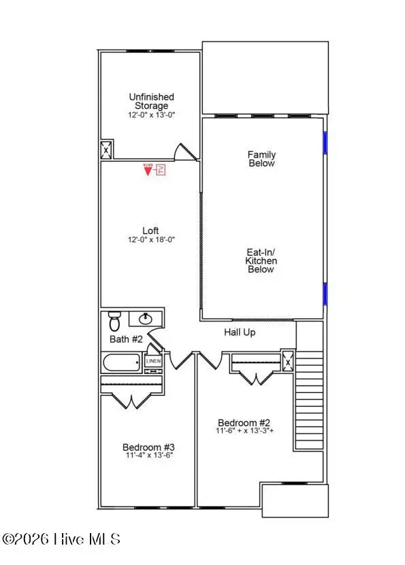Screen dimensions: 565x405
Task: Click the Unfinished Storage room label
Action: coord(151,101)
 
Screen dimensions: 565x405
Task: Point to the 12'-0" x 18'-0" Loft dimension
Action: coord(151,239)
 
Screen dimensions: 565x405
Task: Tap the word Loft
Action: coord(151,230)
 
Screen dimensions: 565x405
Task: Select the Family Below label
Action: coord(261,159)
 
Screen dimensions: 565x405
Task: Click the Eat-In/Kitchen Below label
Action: coord(261,260)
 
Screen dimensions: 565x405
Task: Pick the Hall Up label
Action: coord(240,332)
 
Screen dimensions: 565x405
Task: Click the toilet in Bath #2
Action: coord(115,318)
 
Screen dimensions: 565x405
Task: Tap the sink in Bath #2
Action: coord(145,318)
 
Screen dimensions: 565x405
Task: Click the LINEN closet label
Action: coord(154,362)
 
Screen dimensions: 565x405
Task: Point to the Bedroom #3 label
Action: coord(148,447)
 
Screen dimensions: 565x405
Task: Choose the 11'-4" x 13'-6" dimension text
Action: coord(148,456)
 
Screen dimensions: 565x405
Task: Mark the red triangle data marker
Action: coord(147,170)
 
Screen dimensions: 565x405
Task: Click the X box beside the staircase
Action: coord(288,362)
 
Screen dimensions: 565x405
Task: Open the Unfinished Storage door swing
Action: coord(182,152)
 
